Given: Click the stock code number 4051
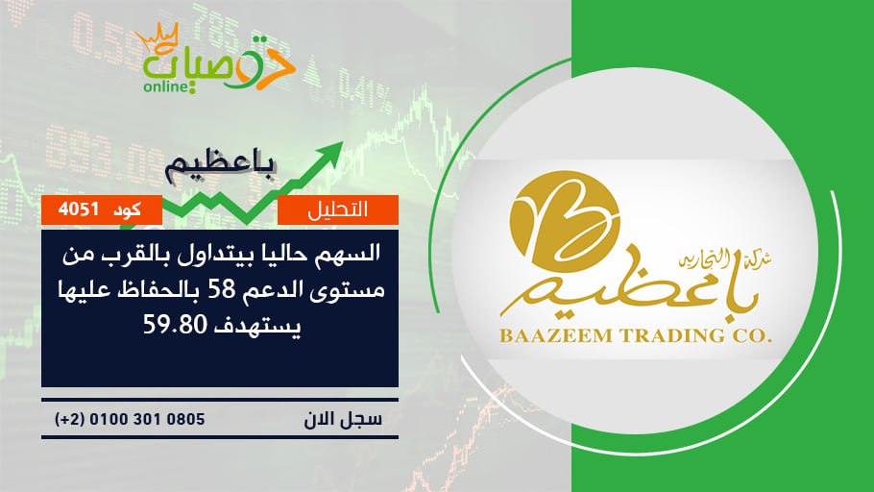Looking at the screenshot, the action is click(x=78, y=209).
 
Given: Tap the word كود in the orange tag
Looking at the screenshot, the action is click(x=127, y=209).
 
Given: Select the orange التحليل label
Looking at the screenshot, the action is click(x=338, y=209).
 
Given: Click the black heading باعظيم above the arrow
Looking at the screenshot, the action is click(x=221, y=167).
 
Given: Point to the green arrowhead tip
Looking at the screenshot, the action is click(x=342, y=142).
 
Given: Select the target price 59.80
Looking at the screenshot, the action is click(x=175, y=324).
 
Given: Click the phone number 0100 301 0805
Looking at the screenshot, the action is click(x=147, y=419).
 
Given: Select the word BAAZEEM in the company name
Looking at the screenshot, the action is click(x=557, y=335).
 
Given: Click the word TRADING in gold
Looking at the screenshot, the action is click(x=671, y=335).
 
